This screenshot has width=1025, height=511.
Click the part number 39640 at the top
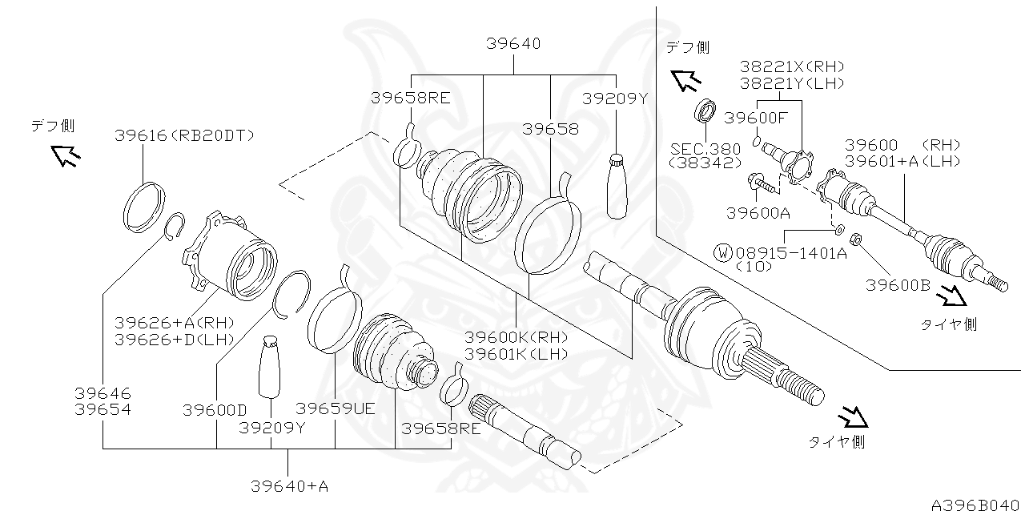click(512, 45)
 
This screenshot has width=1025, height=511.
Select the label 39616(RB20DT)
click(183, 135)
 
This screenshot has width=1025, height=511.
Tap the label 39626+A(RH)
click(174, 322)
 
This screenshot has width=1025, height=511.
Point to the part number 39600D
click(214, 410)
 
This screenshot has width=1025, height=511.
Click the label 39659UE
click(335, 409)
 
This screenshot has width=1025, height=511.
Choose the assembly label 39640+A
click(289, 485)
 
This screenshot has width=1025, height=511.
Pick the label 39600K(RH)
click(516, 337)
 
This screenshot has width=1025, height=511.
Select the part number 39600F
click(756, 118)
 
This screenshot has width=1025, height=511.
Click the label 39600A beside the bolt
click(758, 213)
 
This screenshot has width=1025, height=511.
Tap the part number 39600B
click(898, 284)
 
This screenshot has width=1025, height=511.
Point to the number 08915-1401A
click(790, 253)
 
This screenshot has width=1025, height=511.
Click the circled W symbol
click(723, 253)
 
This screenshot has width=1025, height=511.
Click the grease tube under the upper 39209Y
click(617, 186)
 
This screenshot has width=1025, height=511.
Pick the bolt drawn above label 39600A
click(763, 185)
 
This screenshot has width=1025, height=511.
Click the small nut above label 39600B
click(855, 238)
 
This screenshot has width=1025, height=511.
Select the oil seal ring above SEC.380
click(705, 111)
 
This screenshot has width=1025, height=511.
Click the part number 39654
click(103, 409)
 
